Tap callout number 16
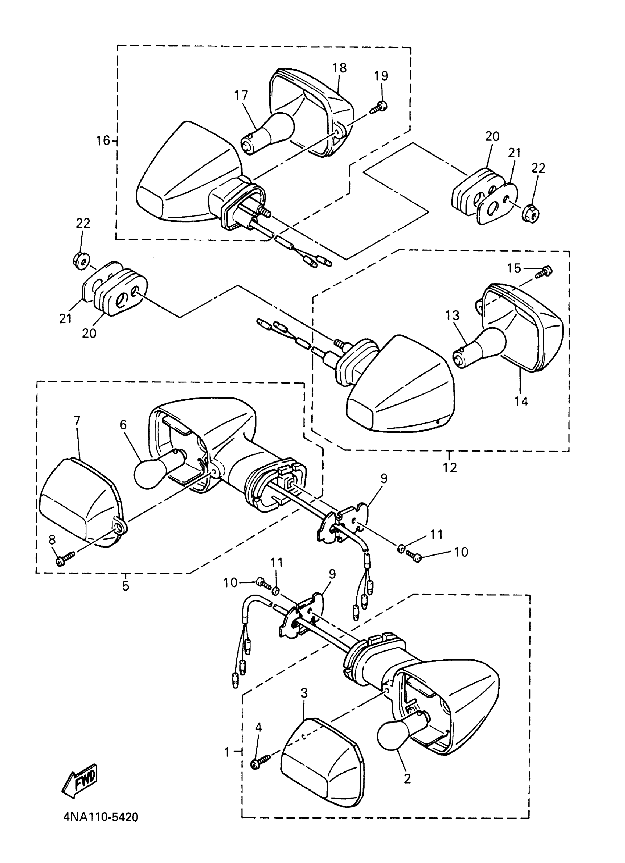[x=103, y=141]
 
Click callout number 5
[x=125, y=586]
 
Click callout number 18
[x=340, y=68]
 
